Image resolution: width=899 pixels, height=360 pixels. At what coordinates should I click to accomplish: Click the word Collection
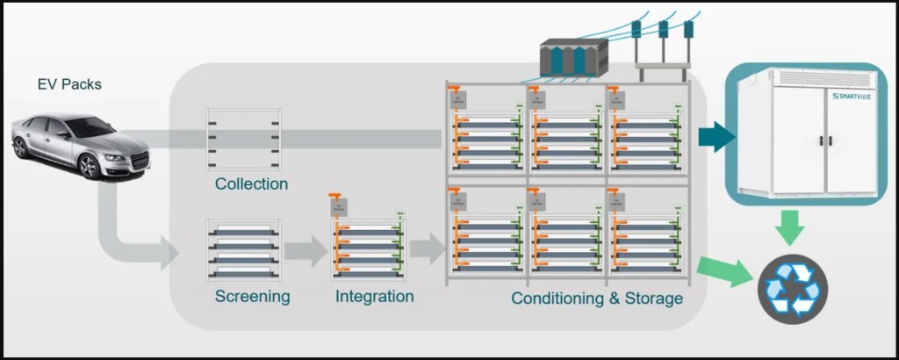(251, 184)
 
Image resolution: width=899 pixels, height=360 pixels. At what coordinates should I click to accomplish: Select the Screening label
(252, 297)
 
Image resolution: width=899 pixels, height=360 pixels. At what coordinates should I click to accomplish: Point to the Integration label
(374, 297)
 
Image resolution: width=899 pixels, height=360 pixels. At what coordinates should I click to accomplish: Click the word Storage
(651, 299)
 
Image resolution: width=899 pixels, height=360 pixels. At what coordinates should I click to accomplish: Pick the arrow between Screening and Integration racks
(305, 250)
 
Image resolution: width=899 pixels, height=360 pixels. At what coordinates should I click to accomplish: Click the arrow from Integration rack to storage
(428, 249)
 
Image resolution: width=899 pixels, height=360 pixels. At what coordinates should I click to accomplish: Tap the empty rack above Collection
(243, 139)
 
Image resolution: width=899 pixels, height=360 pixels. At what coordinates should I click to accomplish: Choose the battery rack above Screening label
(243, 248)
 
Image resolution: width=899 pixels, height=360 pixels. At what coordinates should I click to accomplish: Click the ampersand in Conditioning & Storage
(610, 299)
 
